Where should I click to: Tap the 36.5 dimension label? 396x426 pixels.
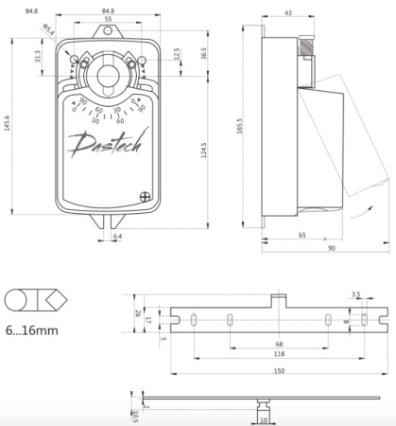click(x=203, y=52)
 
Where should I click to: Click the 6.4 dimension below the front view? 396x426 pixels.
click(x=117, y=236)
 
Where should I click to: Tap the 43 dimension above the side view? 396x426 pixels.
click(x=287, y=12)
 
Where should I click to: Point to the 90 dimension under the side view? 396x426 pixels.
click(x=332, y=248)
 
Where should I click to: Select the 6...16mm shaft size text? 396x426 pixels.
click(x=31, y=331)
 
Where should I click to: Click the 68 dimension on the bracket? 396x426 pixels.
click(x=279, y=344)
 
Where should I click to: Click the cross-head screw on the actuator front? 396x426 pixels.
click(x=146, y=198)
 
